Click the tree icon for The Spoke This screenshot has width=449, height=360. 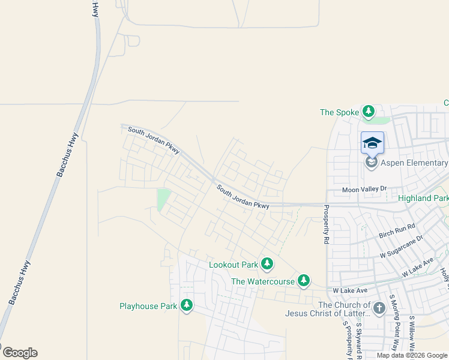[369, 112]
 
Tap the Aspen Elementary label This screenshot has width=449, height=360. [414, 163]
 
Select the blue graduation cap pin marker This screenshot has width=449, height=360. [372, 143]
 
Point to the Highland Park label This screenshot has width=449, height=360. [423, 198]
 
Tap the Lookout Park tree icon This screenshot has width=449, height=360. [267, 264]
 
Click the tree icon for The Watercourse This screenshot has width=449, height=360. [304, 281]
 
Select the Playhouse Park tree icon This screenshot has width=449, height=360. [187, 306]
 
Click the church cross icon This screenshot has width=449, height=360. [379, 308]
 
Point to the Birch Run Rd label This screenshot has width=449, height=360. [397, 231]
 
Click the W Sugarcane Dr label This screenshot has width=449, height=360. [402, 246]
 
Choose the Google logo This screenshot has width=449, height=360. [19, 353]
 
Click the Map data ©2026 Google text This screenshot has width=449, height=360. [412, 355]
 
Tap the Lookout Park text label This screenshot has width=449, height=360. [233, 265]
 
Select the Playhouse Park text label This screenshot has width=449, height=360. [148, 307]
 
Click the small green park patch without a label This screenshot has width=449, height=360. [163, 199]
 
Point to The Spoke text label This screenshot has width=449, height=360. [339, 112]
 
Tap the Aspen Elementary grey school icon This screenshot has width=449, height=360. [372, 163]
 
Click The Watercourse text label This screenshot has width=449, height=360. [263, 281]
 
